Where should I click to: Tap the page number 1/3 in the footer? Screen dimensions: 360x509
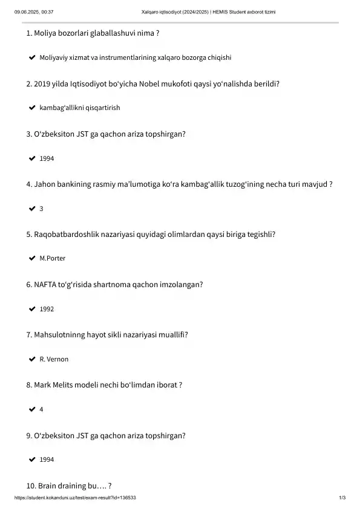[x=342, y=498]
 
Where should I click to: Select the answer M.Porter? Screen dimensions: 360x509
[x=52, y=259]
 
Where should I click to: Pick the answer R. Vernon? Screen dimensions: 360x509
[x=54, y=360]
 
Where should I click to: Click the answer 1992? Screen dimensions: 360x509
[x=47, y=309]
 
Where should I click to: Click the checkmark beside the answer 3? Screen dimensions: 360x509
[x=31, y=209]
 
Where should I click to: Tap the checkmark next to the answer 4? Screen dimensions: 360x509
[x=31, y=409]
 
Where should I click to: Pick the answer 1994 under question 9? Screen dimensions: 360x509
[x=47, y=460]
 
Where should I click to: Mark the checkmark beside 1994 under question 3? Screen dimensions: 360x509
[x=31, y=158]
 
